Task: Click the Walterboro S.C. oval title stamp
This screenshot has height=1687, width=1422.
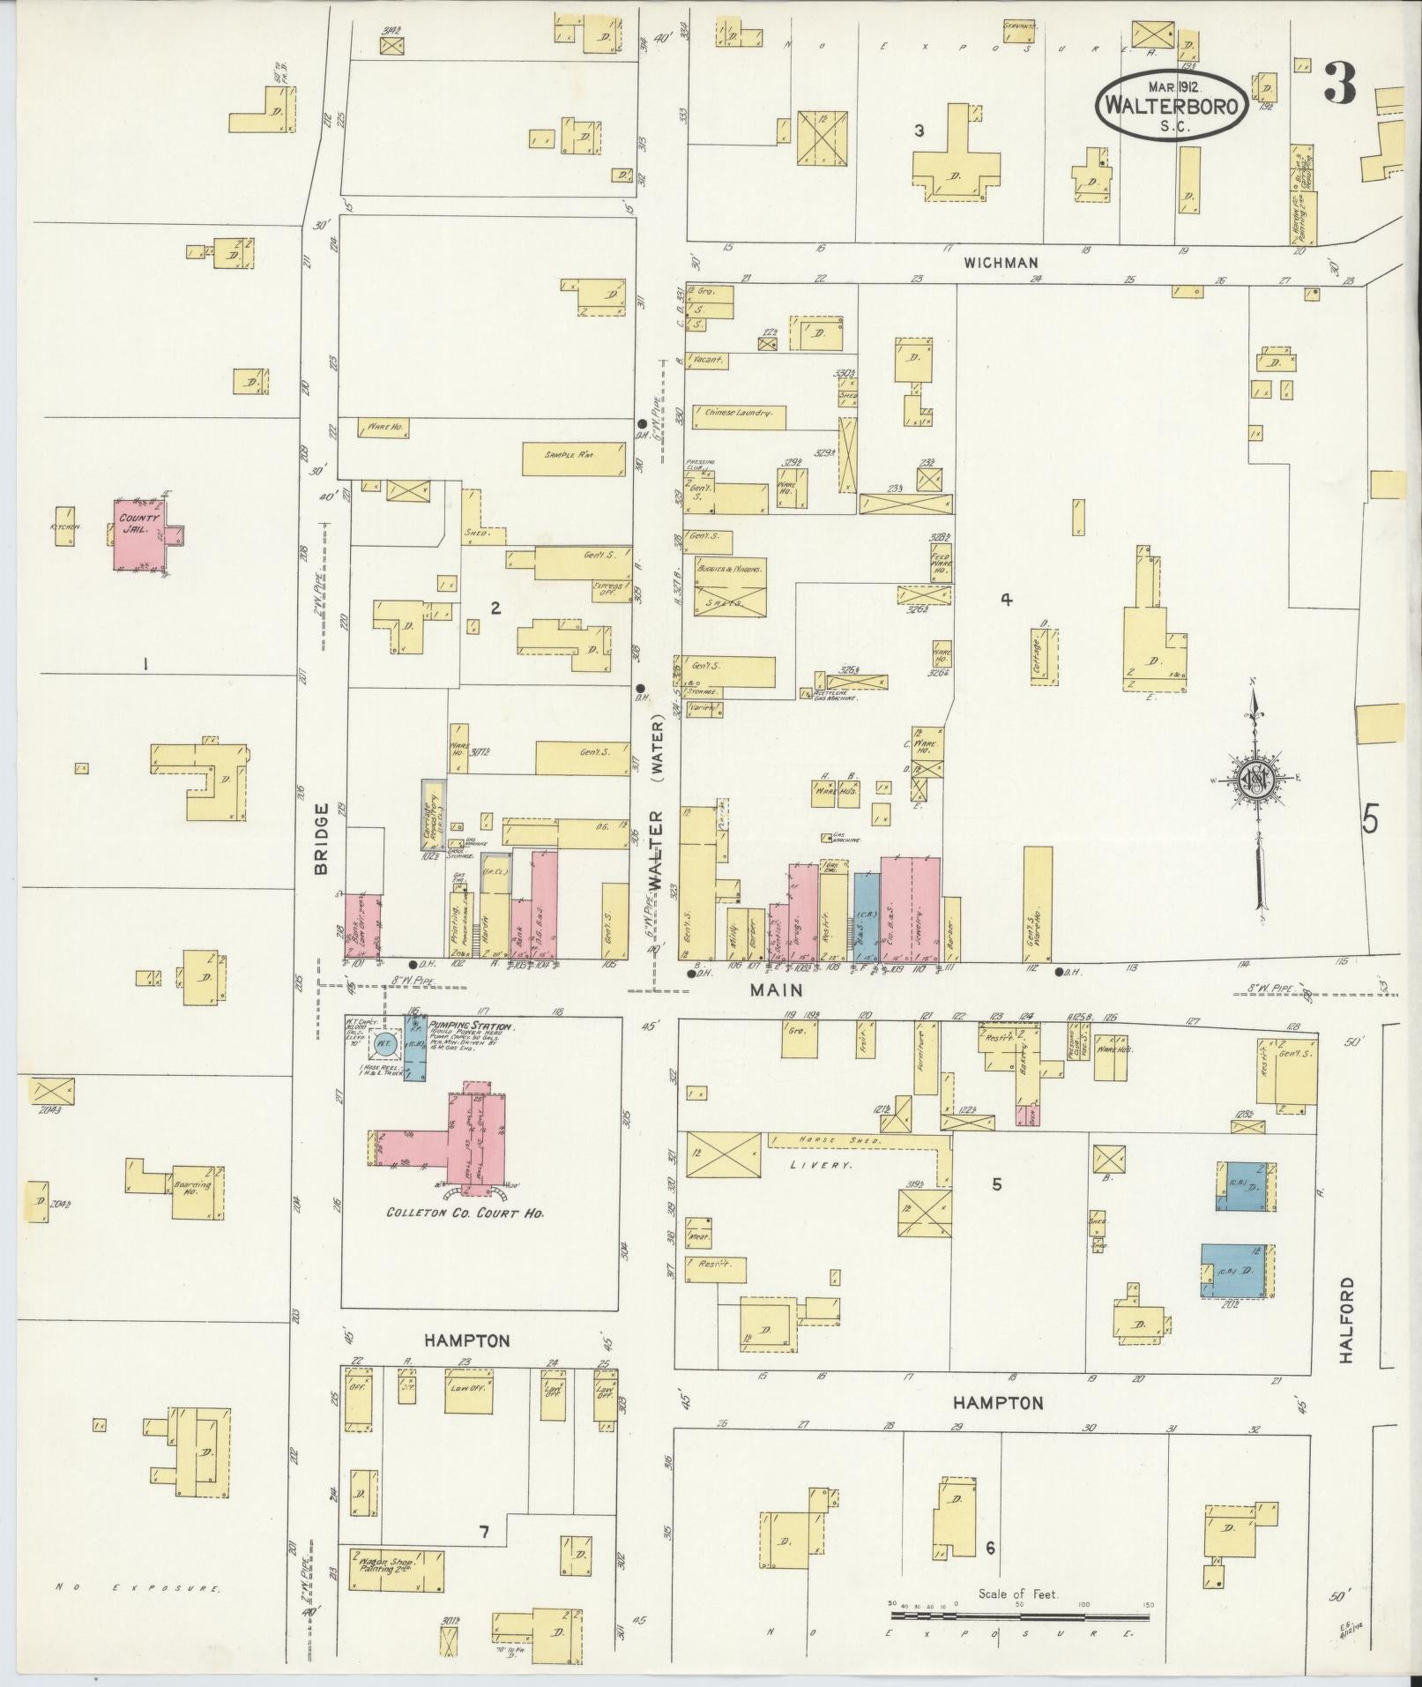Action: (x=1171, y=104)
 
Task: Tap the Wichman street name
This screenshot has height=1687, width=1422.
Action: (x=1001, y=263)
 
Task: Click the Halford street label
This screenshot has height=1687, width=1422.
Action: (x=1346, y=1333)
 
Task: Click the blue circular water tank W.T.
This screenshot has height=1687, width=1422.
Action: (x=383, y=1044)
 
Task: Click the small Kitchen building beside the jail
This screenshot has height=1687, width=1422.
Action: (x=64, y=526)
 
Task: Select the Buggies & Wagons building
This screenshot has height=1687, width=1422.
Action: (x=730, y=586)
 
